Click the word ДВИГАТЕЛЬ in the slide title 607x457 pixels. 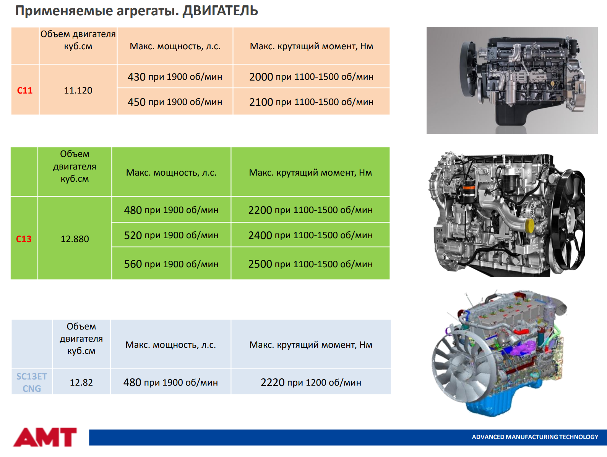click(220, 11)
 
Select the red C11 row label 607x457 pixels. click(24, 90)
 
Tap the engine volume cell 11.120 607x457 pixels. click(78, 90)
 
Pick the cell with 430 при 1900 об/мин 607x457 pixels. click(175, 76)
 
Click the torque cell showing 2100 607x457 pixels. click(311, 102)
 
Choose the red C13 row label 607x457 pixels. click(24, 239)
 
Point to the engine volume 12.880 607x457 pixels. click(75, 239)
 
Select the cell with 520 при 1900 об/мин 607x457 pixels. click(171, 235)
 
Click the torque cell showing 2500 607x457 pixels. click(310, 264)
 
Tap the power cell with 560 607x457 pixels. click(171, 264)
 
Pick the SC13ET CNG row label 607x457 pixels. click(31, 382)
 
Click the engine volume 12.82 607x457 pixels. click(81, 382)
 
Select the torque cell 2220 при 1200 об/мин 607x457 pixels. click(311, 382)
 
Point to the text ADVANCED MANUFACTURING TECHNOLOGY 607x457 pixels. click(535, 437)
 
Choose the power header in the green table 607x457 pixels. click(171, 172)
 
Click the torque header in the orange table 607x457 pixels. click(312, 46)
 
